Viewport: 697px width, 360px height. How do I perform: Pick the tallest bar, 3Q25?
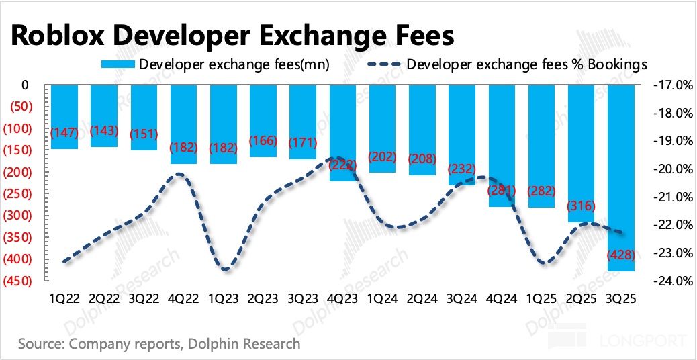(620, 178)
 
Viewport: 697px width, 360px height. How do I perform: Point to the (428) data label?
(620, 255)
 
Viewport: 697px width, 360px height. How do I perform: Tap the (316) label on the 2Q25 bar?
(581, 206)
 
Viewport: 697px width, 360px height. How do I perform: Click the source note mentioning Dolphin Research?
(159, 345)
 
